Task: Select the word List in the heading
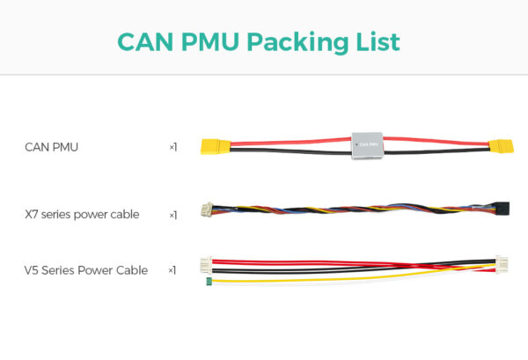(x=379, y=41)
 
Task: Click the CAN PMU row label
(x=51, y=147)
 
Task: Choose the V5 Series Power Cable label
(x=85, y=270)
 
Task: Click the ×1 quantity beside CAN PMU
(x=172, y=147)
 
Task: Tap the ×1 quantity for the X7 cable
(x=172, y=214)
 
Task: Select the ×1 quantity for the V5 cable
(x=172, y=270)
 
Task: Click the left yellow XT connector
(x=216, y=146)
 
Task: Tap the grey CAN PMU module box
(x=367, y=145)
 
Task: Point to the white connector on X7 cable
(x=205, y=211)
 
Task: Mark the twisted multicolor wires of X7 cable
(x=352, y=212)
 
